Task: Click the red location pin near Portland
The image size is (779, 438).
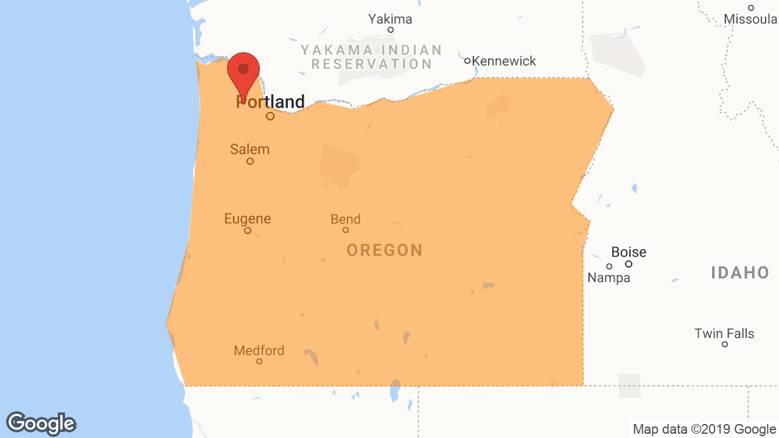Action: [243, 72]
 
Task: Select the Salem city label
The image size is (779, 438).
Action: [250, 149]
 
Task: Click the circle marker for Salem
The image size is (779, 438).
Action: [250, 161]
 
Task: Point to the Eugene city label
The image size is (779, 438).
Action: [248, 218]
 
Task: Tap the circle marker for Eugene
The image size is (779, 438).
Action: [248, 231]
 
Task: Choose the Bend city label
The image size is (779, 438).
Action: [346, 219]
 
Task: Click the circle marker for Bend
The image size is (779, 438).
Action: [346, 230]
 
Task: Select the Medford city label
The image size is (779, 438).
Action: [259, 350]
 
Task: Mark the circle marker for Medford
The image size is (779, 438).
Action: [259, 361]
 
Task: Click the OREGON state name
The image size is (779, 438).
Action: [385, 250]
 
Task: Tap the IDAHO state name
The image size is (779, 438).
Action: [740, 273]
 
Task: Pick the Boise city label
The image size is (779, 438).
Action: [629, 252]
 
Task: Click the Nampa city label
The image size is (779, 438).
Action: [609, 278]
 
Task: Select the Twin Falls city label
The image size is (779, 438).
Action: [724, 333]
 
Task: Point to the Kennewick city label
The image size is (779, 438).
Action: [504, 61]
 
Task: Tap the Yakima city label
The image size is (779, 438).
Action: [390, 19]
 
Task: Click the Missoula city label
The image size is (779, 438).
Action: [750, 19]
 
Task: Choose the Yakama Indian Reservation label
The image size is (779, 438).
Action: [371, 57]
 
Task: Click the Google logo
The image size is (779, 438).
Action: [41, 423]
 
